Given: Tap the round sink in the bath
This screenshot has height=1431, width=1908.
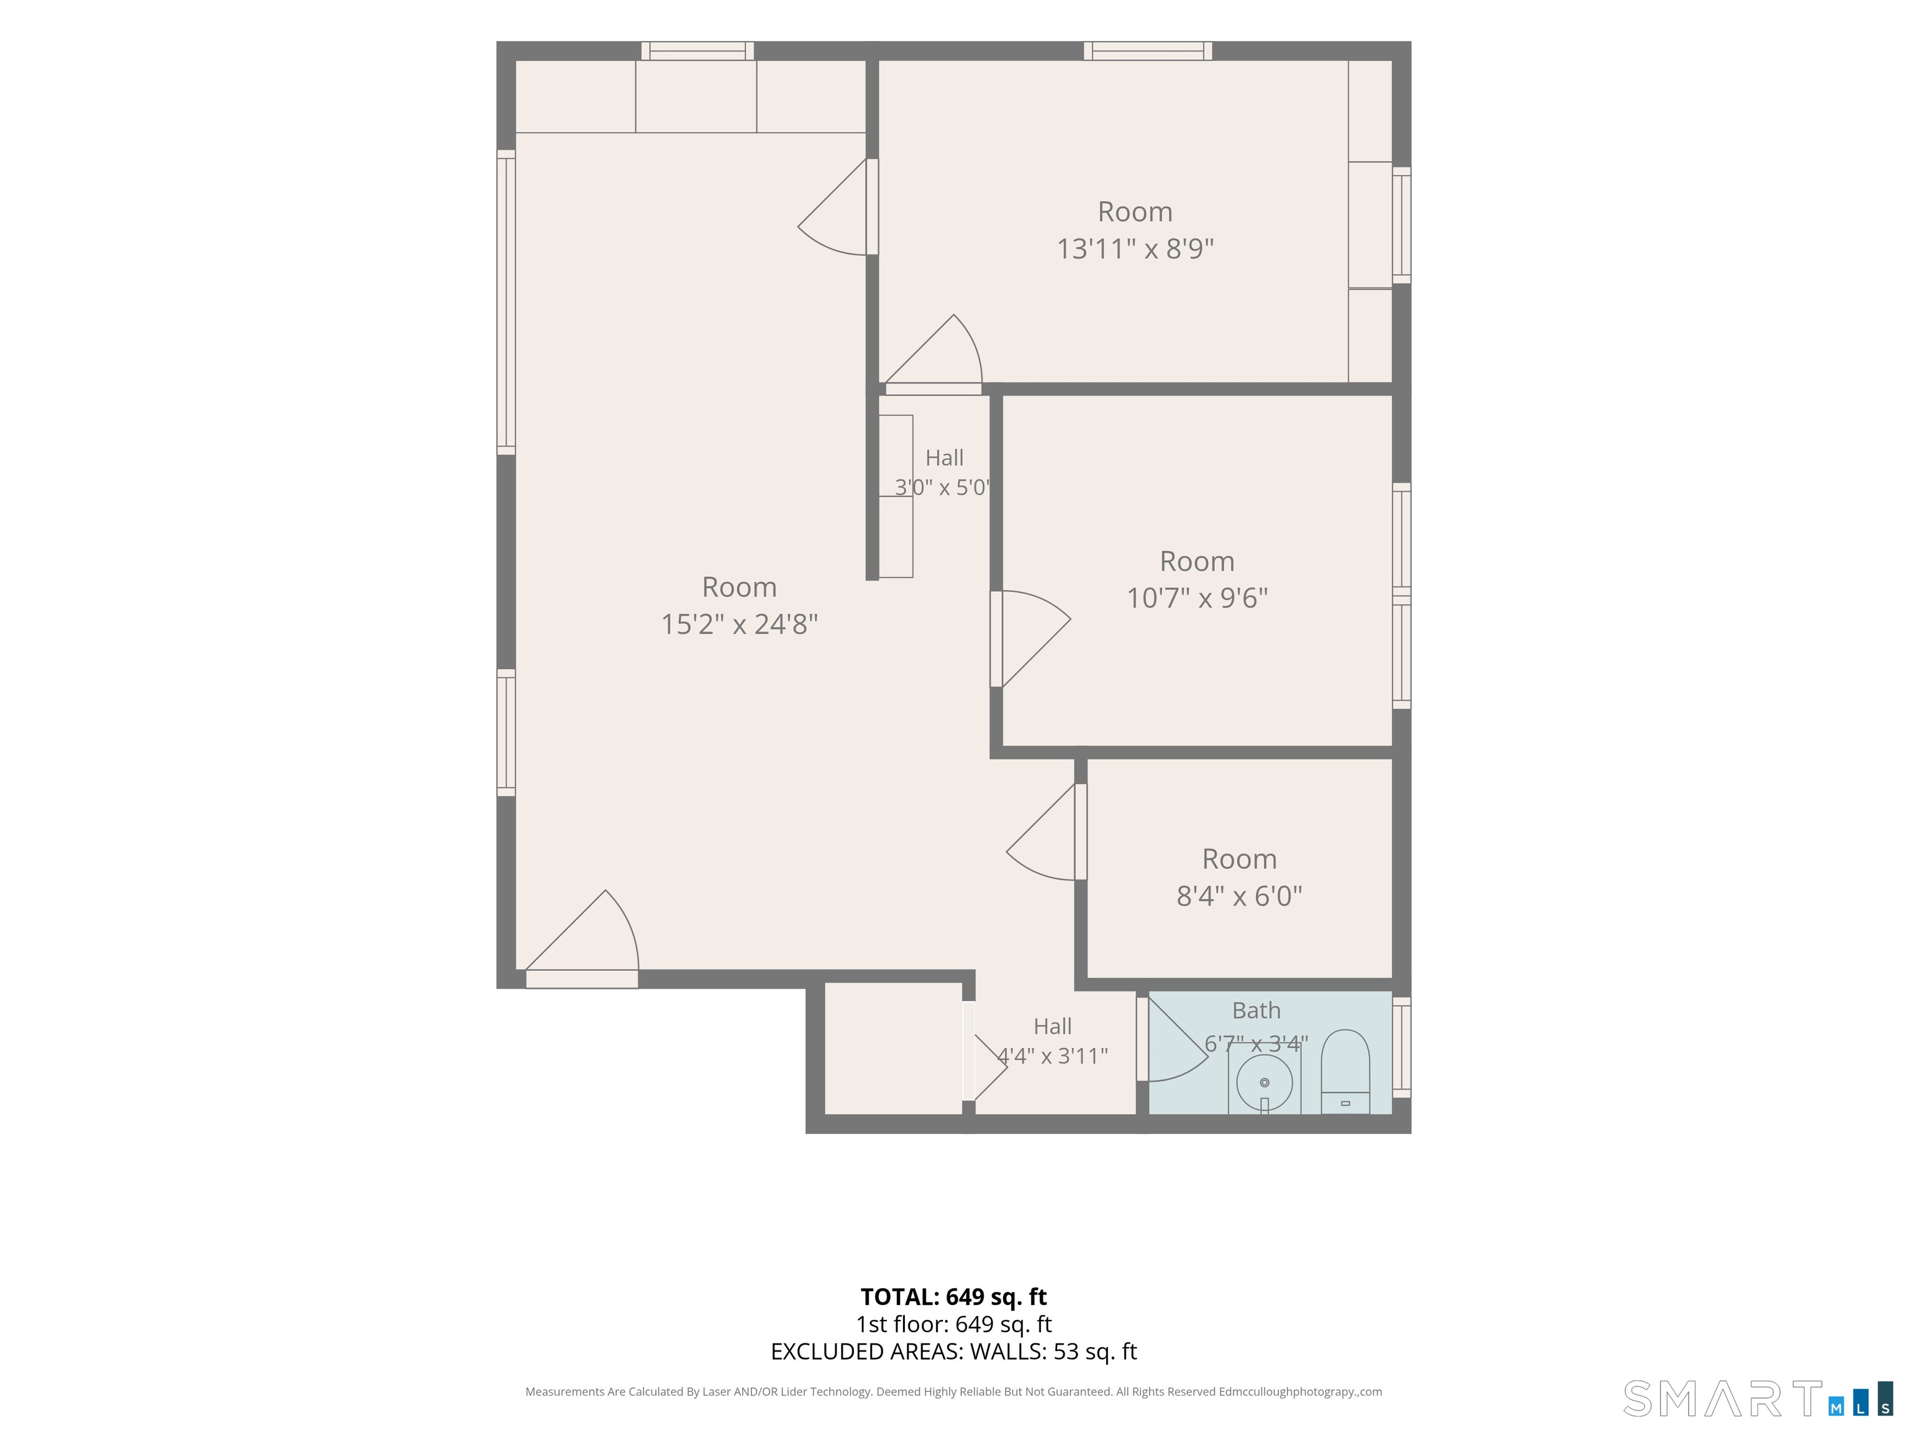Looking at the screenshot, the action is (1265, 1083).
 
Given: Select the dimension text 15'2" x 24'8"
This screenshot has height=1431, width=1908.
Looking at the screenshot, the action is (739, 624).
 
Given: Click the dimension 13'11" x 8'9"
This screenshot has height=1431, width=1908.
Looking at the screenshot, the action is (1135, 248).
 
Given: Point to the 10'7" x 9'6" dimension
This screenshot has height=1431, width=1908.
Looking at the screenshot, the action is (1197, 597).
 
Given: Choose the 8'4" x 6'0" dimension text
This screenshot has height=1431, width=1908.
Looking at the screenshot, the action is (1240, 896).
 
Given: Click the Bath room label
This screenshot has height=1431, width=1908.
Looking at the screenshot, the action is (1256, 1010).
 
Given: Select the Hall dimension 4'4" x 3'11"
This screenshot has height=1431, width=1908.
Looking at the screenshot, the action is (1052, 1056).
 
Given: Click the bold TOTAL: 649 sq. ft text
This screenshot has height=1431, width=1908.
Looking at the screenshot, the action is (954, 1296).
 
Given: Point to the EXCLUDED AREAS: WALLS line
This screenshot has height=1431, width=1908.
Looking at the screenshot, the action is (954, 1351).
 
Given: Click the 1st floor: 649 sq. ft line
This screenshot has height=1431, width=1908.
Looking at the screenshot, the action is (954, 1324).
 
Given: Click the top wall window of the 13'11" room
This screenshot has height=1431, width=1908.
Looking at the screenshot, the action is (1148, 51).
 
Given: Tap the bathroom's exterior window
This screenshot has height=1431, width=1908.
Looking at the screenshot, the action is (1402, 1047).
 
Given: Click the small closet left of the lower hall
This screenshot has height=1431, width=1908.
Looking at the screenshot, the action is (893, 1048).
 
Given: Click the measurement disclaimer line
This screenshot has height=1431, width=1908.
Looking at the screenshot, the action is (954, 1391).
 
